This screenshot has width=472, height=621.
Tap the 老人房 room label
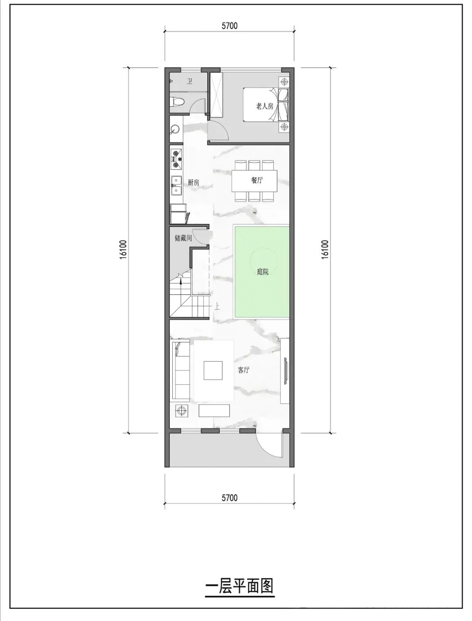[x=264, y=106]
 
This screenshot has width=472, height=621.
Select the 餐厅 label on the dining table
[x=257, y=180]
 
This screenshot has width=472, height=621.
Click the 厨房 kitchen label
[x=193, y=182]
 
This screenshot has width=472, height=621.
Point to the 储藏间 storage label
[x=183, y=238]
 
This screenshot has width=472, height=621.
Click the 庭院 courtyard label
[x=263, y=272]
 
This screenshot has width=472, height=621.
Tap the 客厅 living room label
[x=243, y=370]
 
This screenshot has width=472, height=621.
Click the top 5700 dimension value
[x=229, y=26]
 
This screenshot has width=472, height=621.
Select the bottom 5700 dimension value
[x=229, y=498]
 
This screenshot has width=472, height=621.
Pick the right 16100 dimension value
[x=325, y=250]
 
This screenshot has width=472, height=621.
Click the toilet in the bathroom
[x=177, y=102]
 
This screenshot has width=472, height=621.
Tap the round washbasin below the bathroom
[x=175, y=129]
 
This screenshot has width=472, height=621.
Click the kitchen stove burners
[x=176, y=159]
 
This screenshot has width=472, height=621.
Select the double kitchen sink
[x=176, y=185]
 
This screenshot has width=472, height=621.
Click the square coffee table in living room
[x=213, y=370]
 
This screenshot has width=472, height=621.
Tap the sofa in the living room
[x=180, y=371]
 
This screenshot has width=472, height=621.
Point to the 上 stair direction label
[x=217, y=306]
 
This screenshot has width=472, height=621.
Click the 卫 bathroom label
[x=190, y=81]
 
